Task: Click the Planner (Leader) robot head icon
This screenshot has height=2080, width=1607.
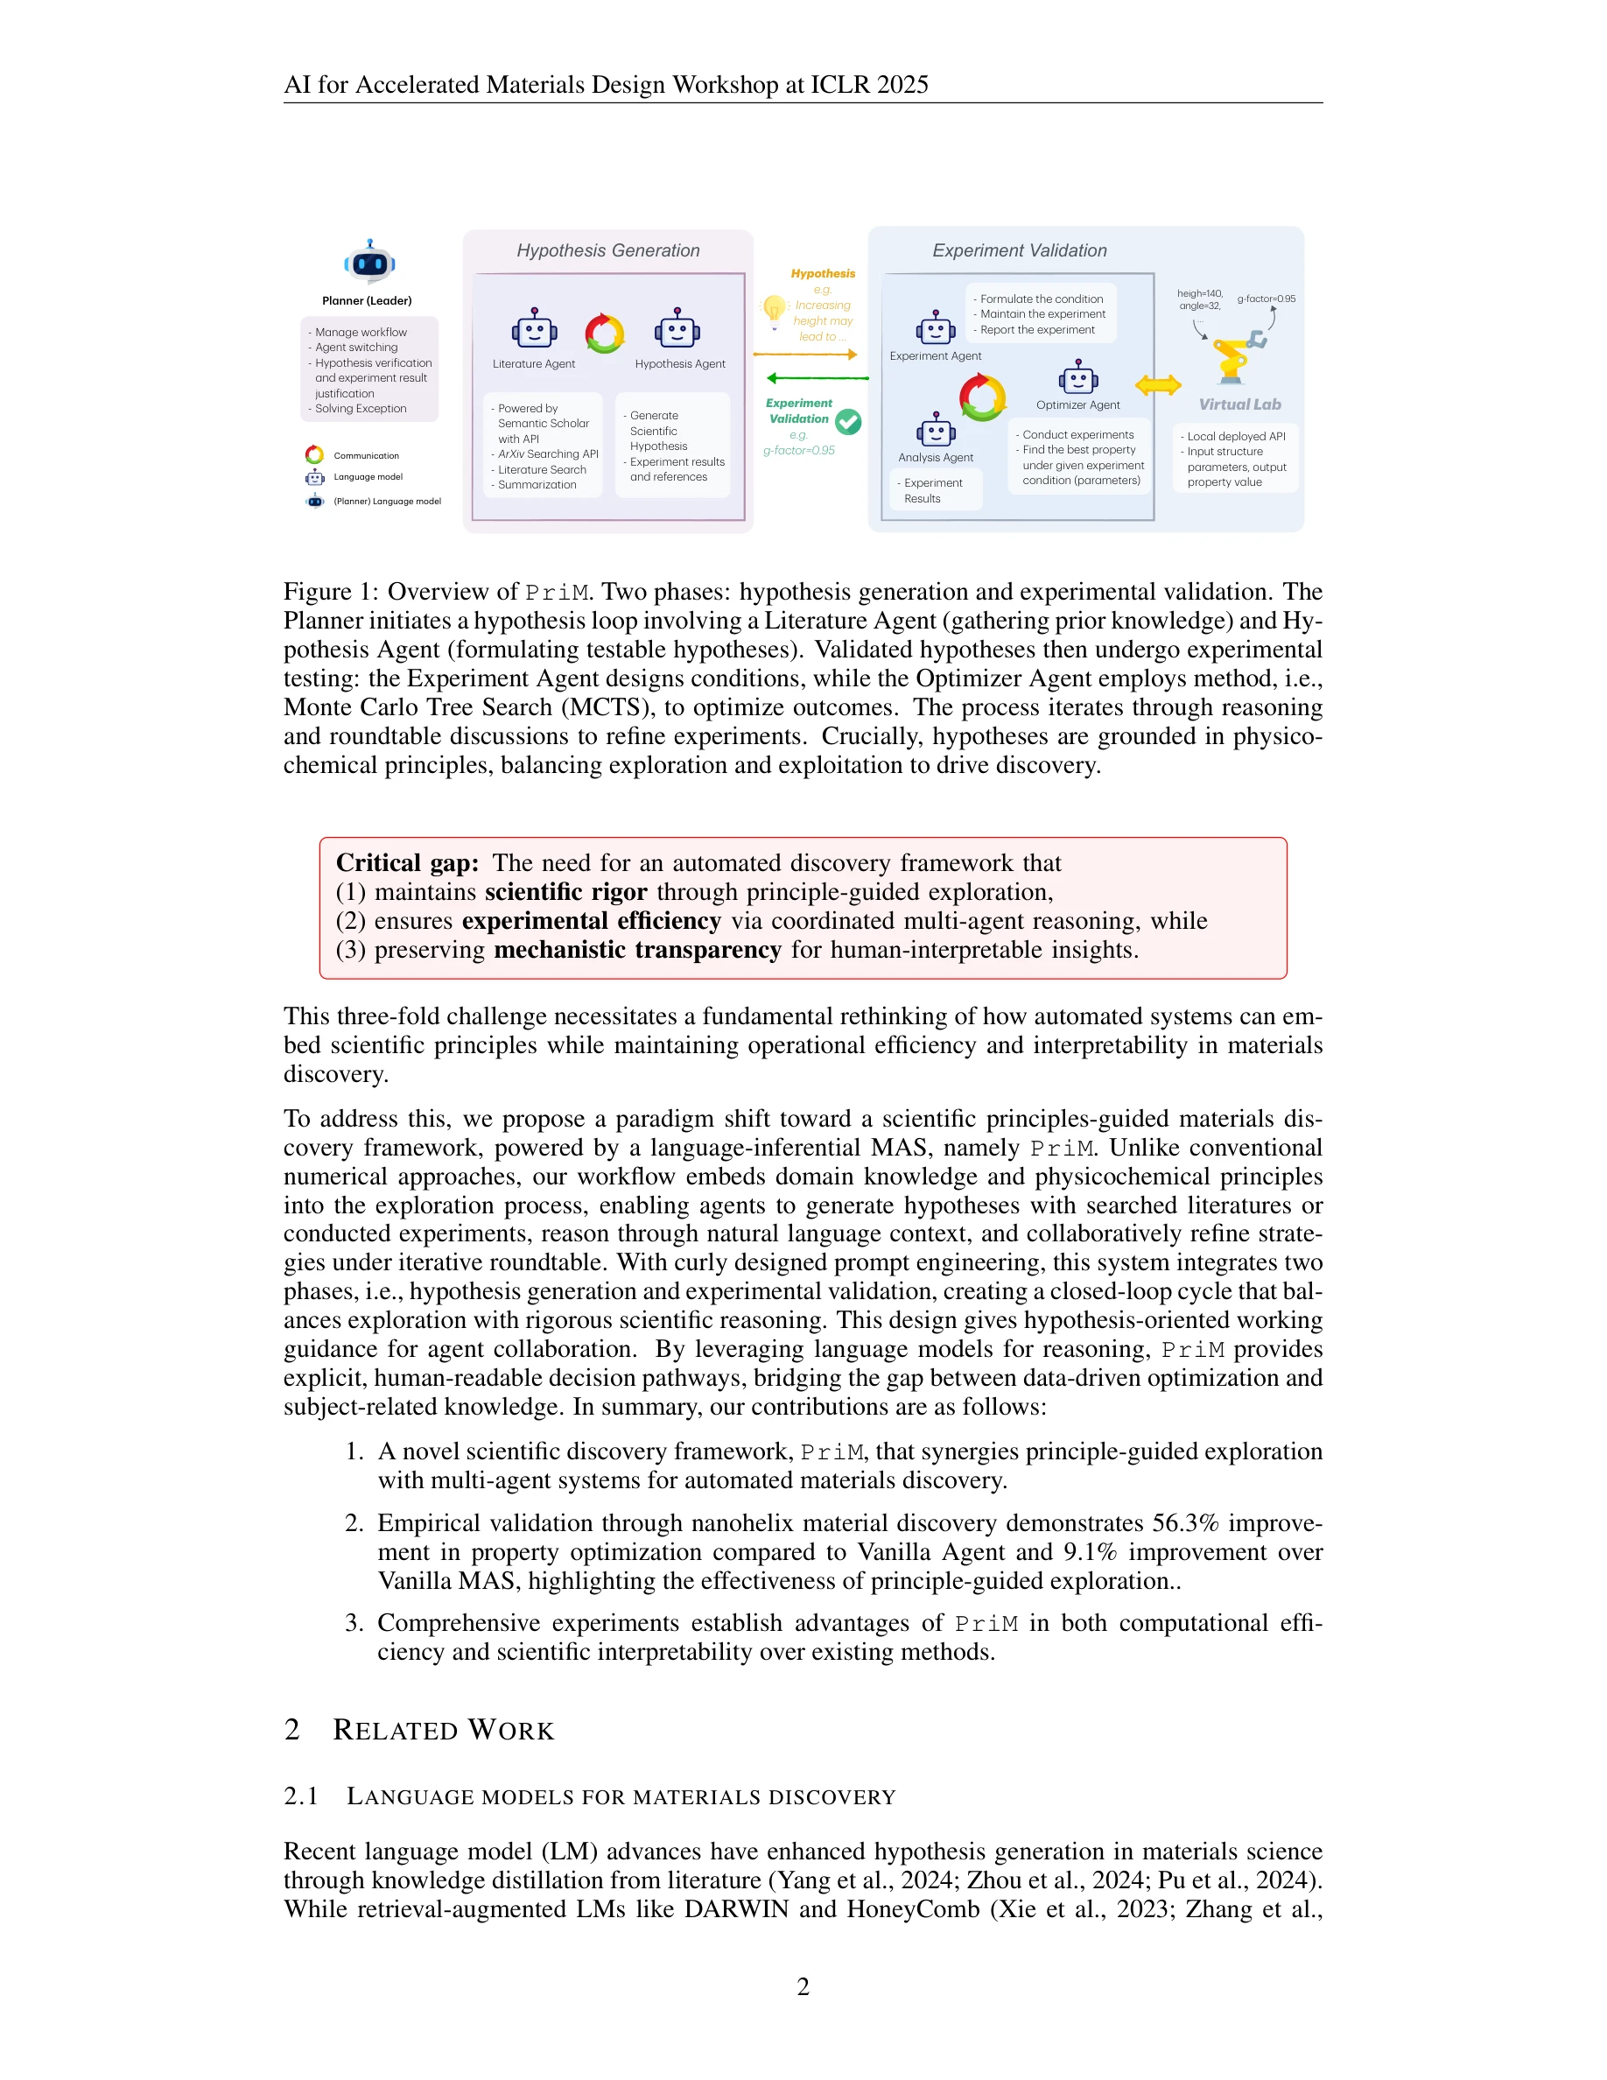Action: coord(369,262)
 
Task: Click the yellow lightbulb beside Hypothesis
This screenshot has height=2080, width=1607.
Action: coord(774,308)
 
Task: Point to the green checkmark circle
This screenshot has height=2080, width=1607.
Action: coord(848,422)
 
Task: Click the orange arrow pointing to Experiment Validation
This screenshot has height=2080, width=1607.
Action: coord(805,355)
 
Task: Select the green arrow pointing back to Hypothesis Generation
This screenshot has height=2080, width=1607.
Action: coord(817,378)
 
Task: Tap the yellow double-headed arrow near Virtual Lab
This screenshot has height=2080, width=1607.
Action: coord(1158,385)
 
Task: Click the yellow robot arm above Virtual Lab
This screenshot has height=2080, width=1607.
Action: coord(1236,358)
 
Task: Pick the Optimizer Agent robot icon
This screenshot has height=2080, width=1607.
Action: coord(1077,378)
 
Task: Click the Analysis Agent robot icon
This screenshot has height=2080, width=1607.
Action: coord(935,431)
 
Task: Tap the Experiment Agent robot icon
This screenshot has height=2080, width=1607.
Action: coord(935,328)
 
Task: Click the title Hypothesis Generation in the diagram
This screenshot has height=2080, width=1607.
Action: coord(607,250)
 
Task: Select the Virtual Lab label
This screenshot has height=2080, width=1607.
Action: coord(1239,404)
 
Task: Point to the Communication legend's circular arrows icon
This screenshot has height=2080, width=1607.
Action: coord(314,454)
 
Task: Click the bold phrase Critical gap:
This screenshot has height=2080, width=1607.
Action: coord(406,863)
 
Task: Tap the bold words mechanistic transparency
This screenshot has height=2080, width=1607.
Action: coord(637,950)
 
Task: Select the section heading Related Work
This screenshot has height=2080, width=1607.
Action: coord(443,1731)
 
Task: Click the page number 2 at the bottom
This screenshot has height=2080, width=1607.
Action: coord(803,1986)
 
